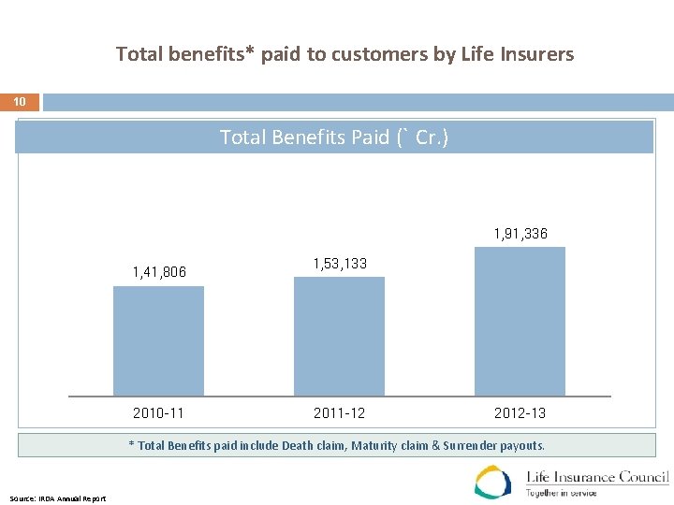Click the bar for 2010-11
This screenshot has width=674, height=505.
point(158,340)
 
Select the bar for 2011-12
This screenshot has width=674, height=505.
point(339,336)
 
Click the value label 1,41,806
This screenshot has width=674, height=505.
point(159,272)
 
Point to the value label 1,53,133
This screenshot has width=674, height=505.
point(340,264)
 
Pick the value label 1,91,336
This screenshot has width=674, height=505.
point(520,233)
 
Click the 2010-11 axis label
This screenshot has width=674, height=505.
point(159,412)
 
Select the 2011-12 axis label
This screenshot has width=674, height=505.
point(340,412)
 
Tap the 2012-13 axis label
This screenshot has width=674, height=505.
point(520,412)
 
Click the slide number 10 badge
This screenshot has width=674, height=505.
point(21,102)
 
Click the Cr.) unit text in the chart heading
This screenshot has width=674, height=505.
point(432,137)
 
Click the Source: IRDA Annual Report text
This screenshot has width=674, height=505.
point(58,498)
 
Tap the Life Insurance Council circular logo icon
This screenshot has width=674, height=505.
point(493,482)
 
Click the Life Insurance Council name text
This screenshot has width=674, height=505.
point(597,477)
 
